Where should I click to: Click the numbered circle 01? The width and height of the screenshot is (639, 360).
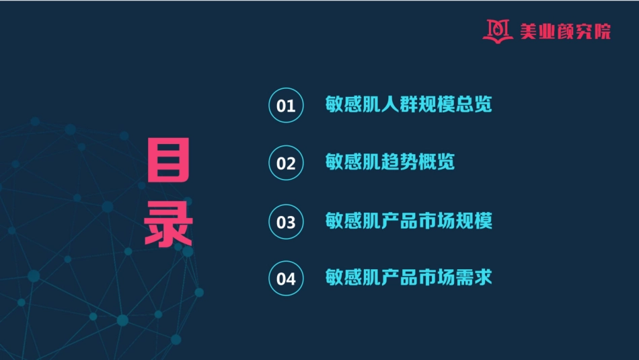click(x=286, y=106)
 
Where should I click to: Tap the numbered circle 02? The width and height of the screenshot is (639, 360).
click(x=286, y=164)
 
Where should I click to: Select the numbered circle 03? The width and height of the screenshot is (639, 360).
click(x=286, y=221)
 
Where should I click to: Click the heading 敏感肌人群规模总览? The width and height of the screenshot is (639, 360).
click(x=408, y=105)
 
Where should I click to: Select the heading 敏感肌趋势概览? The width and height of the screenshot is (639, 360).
click(x=389, y=163)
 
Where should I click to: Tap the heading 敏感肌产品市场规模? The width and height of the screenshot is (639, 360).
click(x=408, y=221)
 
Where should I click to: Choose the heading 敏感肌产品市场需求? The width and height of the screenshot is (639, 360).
click(x=408, y=277)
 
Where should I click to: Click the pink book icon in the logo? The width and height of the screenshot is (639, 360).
click(x=498, y=30)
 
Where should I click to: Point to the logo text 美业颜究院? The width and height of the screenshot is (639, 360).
click(x=565, y=31)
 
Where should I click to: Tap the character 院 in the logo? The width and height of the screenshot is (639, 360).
click(x=602, y=31)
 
